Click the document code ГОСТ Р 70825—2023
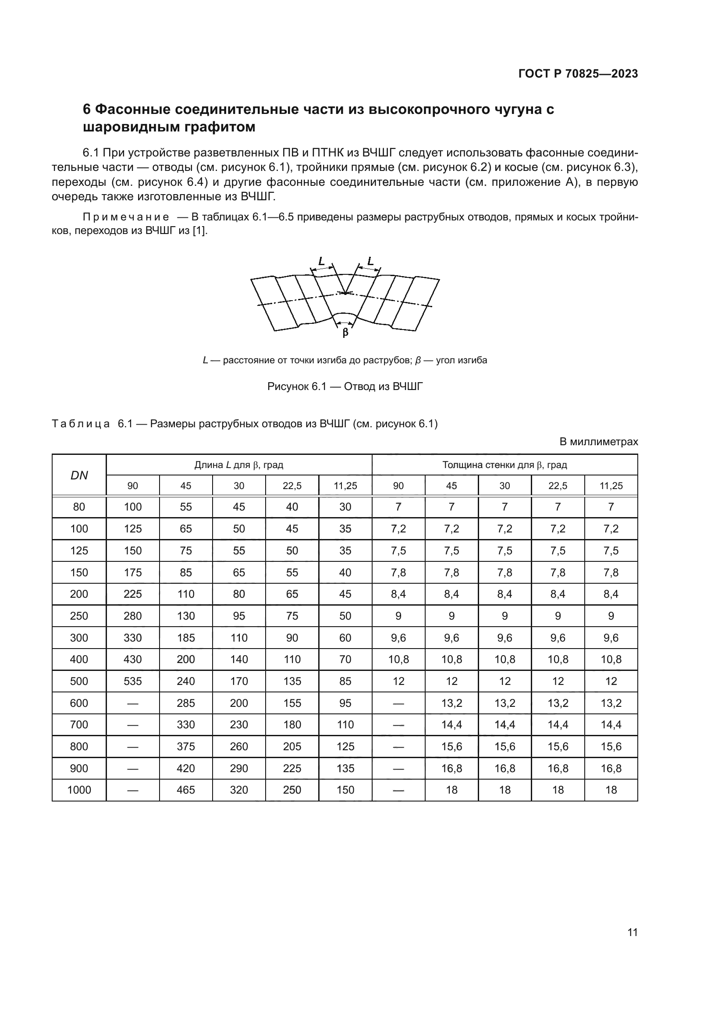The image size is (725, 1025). pyautogui.click(x=578, y=74)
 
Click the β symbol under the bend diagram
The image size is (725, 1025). pyautogui.click(x=345, y=333)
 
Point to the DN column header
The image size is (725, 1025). pyautogui.click(x=79, y=475)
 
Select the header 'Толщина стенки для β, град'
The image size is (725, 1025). pyautogui.click(x=505, y=465)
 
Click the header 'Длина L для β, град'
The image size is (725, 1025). pyautogui.click(x=239, y=465)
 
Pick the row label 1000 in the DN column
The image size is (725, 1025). pyautogui.click(x=79, y=790)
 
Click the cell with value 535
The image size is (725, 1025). pyautogui.click(x=132, y=681)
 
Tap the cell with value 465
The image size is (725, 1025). pyautogui.click(x=186, y=790)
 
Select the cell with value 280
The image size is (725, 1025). pyautogui.click(x=132, y=616)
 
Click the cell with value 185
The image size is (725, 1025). pyautogui.click(x=186, y=638)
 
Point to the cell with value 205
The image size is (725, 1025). pyautogui.click(x=292, y=746)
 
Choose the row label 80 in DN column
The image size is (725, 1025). pyautogui.click(x=79, y=507)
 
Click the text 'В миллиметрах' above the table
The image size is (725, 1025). pyautogui.click(x=599, y=442)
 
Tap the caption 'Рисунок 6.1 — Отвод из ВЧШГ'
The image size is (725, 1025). pyautogui.click(x=345, y=386)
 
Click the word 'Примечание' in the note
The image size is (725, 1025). pyautogui.click(x=126, y=217)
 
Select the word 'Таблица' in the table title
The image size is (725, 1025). pyautogui.click(x=81, y=423)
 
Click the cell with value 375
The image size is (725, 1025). pyautogui.click(x=186, y=746)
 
